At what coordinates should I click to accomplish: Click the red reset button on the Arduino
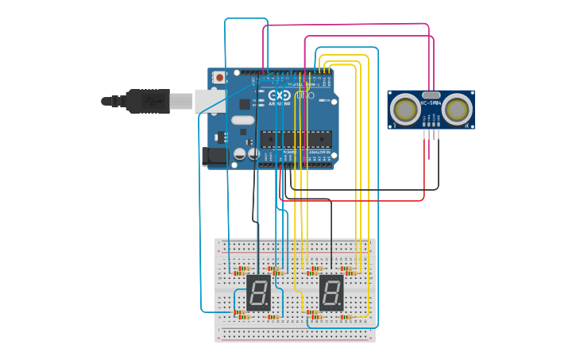218,78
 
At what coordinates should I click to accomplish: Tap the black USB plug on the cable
147,101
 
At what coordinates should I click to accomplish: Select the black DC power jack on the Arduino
215,157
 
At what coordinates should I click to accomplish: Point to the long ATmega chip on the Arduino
296,139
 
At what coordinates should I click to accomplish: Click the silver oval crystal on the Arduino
243,120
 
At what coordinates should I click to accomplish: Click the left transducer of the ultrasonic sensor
406,110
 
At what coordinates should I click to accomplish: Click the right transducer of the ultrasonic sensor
457,110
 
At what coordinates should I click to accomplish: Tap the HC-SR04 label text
431,103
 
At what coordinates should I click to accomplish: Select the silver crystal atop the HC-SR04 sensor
431,95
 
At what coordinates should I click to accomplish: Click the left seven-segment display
259,292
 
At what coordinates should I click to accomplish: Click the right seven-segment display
331,292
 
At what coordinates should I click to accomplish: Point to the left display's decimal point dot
269,306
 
